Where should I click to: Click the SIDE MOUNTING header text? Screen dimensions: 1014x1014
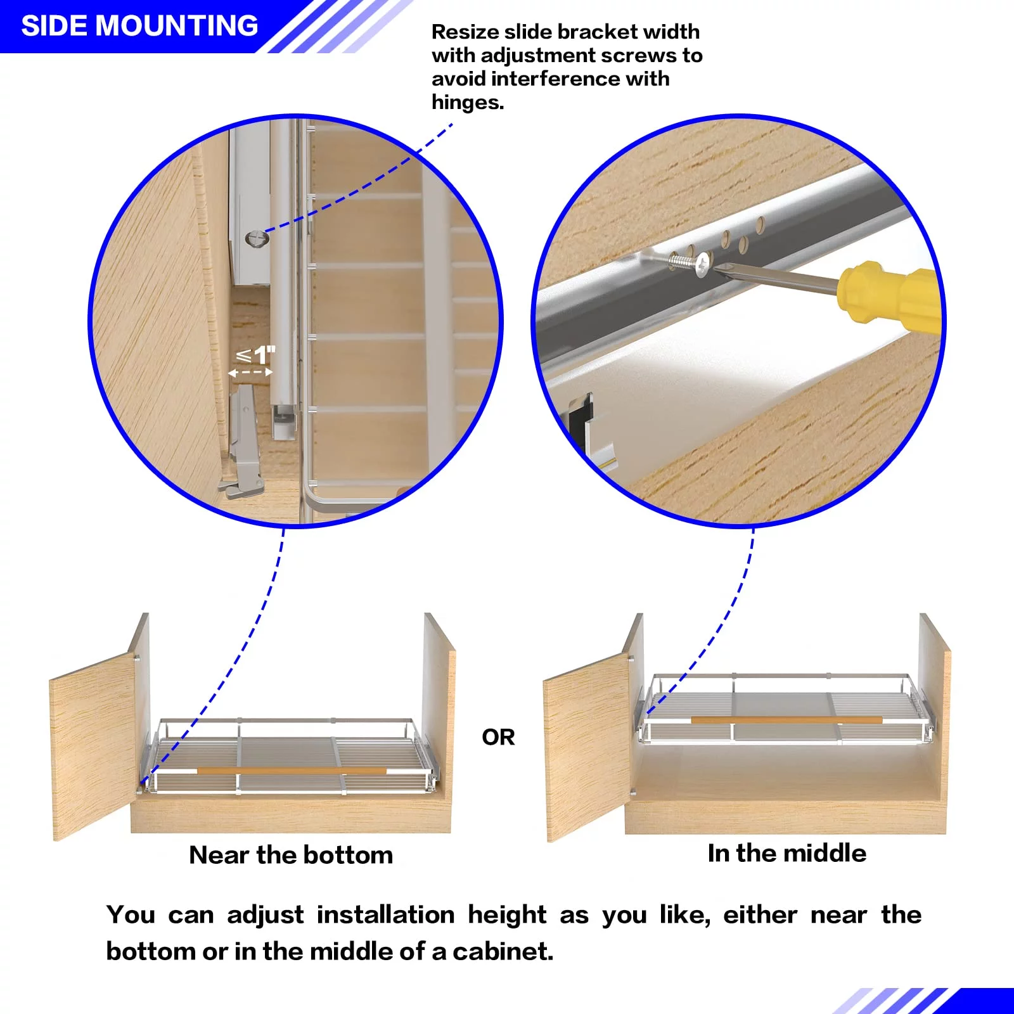coord(139,26)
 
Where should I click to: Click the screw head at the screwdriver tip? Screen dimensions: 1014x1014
coord(702,264)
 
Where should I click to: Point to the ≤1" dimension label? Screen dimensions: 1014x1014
coord(256,355)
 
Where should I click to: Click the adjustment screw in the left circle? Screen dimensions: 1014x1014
coord(257,239)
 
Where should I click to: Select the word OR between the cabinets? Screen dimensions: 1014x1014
coord(498,737)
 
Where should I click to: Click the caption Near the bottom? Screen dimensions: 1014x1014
coord(291,855)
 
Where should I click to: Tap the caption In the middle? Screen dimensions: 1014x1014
coord(786,853)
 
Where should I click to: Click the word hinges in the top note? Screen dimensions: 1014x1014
coord(467,102)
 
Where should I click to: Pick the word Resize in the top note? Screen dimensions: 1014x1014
coord(465,32)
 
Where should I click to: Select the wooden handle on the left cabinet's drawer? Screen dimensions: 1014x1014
coord(292,771)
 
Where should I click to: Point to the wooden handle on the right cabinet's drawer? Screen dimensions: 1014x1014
coord(786,720)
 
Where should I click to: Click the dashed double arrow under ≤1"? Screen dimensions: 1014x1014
coord(250,373)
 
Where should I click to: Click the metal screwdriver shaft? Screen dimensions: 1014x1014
coord(780,280)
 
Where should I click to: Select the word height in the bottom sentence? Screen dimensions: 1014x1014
coord(507,915)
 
